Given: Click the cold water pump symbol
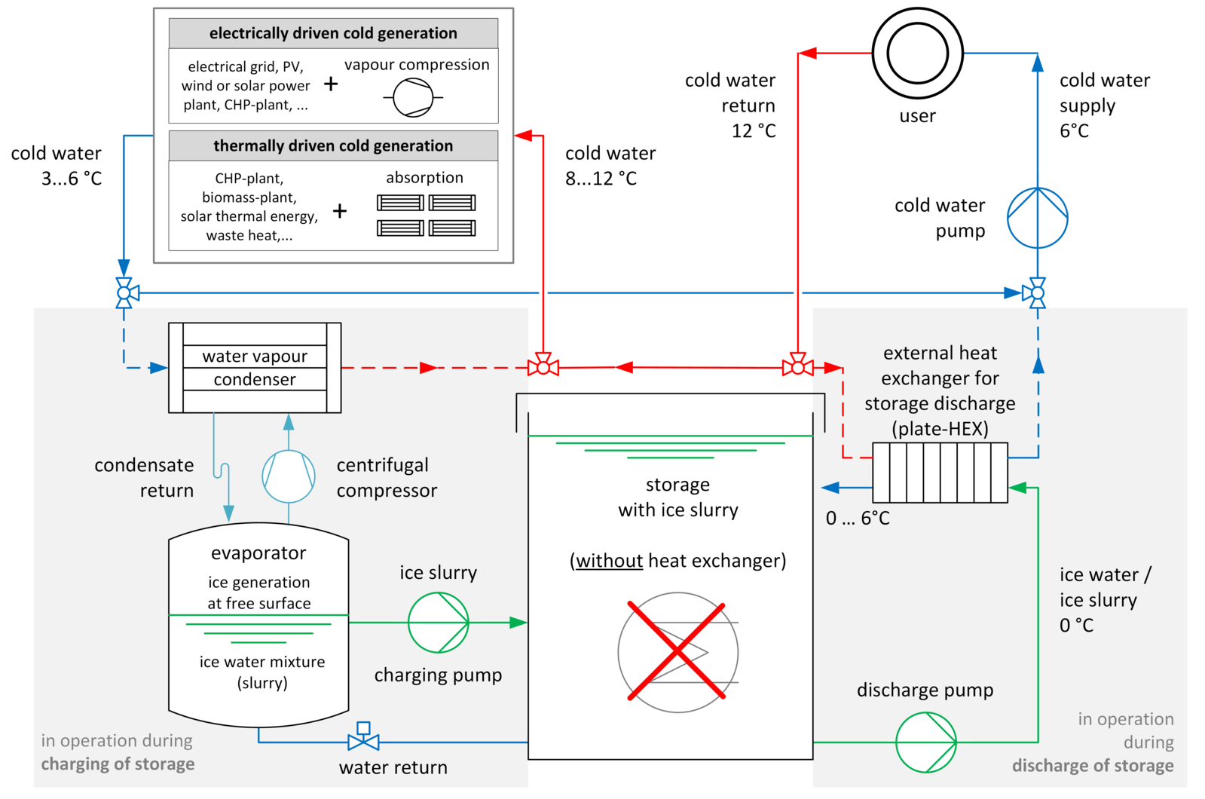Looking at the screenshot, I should click(x=1037, y=218).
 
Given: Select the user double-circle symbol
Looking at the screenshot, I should click(x=917, y=54).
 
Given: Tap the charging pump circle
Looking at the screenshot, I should click(x=438, y=623).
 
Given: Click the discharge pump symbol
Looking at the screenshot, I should click(x=925, y=742).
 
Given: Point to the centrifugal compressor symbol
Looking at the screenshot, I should click(x=288, y=476).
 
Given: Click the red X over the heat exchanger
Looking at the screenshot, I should click(x=677, y=651).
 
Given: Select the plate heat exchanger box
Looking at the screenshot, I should click(x=940, y=473).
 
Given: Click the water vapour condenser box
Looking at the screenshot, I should click(x=255, y=368).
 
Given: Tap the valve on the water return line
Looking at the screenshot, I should click(x=363, y=740).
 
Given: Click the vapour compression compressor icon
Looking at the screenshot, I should click(x=413, y=98).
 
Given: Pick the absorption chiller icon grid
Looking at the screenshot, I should click(x=426, y=215).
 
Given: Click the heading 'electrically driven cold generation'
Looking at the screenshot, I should click(x=333, y=33).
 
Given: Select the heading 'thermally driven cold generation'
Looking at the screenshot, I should click(x=333, y=145).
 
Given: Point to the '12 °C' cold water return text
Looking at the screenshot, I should click(x=753, y=131).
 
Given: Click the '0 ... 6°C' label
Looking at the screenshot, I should click(x=858, y=519).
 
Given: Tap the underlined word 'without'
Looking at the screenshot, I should click(x=609, y=561).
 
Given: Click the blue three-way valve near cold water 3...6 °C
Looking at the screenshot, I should click(x=125, y=292).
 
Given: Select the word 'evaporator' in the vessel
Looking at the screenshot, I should click(x=258, y=553).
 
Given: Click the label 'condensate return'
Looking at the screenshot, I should click(x=144, y=478).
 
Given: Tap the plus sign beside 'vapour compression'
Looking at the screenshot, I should click(x=331, y=84).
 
